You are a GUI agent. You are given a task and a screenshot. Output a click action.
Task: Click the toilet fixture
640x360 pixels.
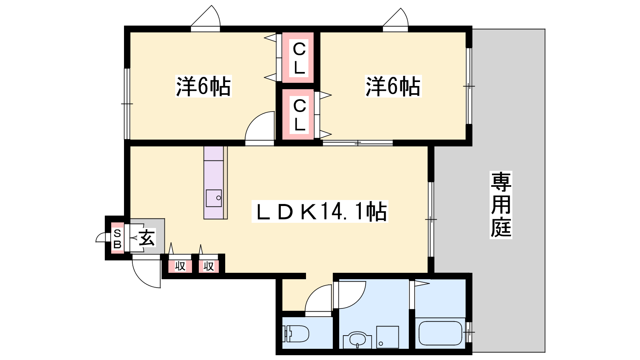click(296, 334)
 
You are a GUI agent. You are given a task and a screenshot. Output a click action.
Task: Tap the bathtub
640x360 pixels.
click(440, 333)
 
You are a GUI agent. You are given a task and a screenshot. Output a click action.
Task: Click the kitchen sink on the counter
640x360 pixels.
click(214, 198)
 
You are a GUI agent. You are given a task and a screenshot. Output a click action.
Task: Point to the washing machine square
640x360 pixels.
click(388, 337)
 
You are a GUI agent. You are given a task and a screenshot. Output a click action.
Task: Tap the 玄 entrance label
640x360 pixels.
click(147, 238)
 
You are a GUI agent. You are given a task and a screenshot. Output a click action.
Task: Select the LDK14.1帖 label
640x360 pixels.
click(320, 212)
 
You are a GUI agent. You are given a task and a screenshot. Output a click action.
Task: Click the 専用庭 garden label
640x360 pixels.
click(501, 205)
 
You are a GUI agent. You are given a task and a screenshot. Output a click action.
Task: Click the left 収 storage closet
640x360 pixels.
click(180, 266)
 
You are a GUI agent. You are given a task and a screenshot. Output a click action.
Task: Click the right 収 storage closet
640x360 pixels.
click(208, 266)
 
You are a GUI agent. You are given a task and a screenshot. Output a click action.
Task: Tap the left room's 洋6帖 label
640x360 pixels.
click(204, 86)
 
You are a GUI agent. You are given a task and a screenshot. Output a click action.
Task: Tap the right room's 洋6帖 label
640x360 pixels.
click(393, 86)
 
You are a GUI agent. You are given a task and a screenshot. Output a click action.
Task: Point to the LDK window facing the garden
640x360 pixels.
click(431, 220)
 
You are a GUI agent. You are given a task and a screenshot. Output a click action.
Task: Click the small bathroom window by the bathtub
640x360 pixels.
click(468, 332)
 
